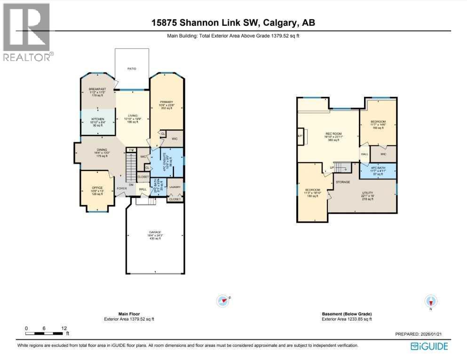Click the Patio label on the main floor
pyautogui.click(x=132, y=69)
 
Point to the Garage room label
pyautogui.click(x=155, y=235)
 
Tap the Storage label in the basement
pyautogui.click(x=342, y=181)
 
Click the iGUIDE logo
pyautogui.click(x=429, y=346)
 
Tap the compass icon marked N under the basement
pyautogui.click(x=431, y=301)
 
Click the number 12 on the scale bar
pyautogui.click(x=64, y=328)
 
